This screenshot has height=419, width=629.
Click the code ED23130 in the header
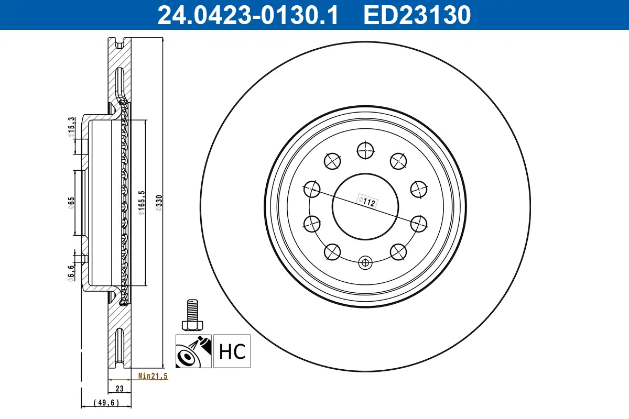point(418,15)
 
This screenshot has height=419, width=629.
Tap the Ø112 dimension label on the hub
point(367,201)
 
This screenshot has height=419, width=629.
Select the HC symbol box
point(232,351)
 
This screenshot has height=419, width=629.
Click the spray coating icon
point(193,351)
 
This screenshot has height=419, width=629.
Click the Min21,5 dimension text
point(153,376)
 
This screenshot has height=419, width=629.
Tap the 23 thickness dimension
point(119,389)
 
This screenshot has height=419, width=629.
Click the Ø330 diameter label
point(159,203)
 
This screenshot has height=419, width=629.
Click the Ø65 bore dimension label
point(71,202)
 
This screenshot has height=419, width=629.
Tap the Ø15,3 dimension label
point(71,127)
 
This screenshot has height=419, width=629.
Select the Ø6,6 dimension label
point(71,272)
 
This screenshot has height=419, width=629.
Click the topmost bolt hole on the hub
point(365,150)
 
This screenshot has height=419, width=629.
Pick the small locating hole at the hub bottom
point(365,262)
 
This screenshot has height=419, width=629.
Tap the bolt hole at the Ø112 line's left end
point(312,188)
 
